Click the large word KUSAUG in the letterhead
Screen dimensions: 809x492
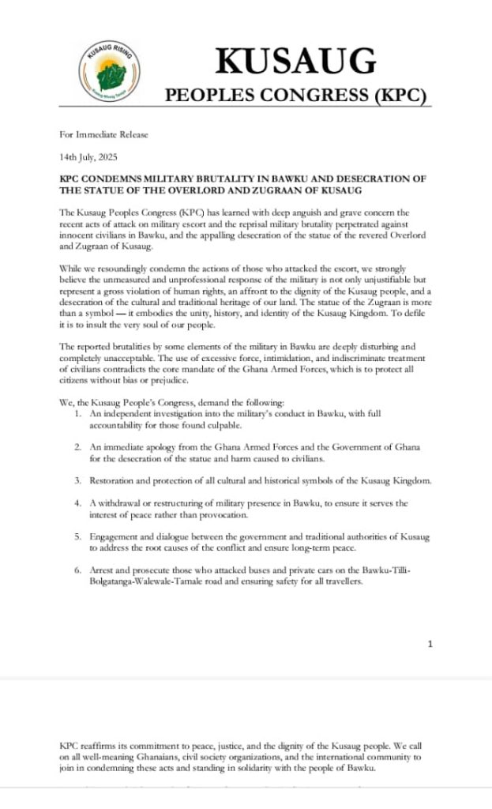click(x=295, y=61)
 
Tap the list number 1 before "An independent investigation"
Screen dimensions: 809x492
click(x=78, y=414)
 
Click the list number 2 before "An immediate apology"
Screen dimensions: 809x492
click(x=78, y=447)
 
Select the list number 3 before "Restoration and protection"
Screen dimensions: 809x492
click(x=78, y=480)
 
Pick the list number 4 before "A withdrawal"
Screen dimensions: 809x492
click(x=78, y=503)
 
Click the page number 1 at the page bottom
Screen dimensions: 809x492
click(x=430, y=644)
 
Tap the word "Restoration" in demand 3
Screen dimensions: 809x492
click(x=114, y=480)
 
